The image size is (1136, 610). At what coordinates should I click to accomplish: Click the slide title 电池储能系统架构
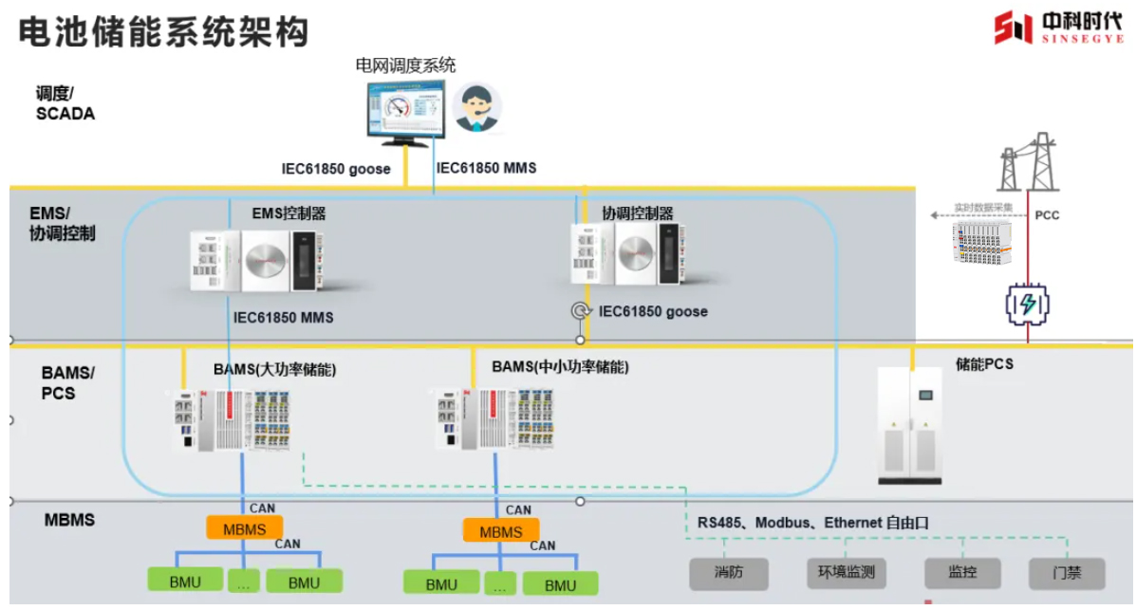click(163, 30)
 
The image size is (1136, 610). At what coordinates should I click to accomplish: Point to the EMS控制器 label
click(289, 214)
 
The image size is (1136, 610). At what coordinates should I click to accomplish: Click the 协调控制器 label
click(638, 213)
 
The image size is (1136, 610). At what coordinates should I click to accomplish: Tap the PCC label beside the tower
click(1047, 215)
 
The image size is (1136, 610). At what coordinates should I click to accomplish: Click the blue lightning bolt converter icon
click(1027, 305)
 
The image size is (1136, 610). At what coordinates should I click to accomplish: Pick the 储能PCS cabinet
click(910, 424)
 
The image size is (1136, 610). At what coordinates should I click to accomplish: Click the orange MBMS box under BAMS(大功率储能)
click(244, 528)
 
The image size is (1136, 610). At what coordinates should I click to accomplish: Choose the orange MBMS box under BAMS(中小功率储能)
click(500, 531)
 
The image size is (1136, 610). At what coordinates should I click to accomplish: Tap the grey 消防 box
click(729, 573)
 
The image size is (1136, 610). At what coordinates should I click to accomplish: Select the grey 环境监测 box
click(847, 573)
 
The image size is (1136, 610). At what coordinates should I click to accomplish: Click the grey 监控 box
click(962, 573)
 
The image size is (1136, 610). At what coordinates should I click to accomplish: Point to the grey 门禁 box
click(1067, 573)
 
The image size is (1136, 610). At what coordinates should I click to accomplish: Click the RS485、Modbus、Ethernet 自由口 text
click(812, 523)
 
